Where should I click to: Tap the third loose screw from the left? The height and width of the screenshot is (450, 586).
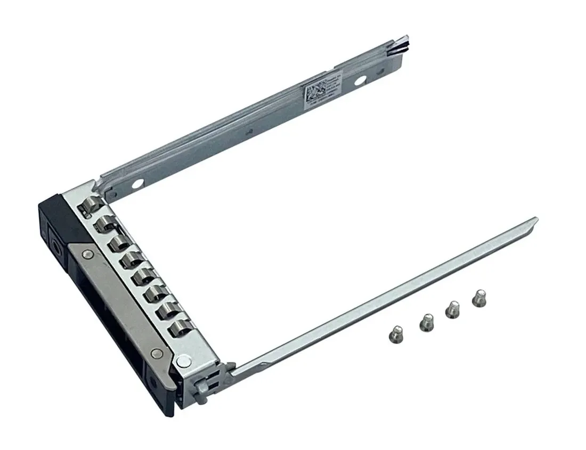pos(453,309)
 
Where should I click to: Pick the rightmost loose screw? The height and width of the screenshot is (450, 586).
pos(479,297)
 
